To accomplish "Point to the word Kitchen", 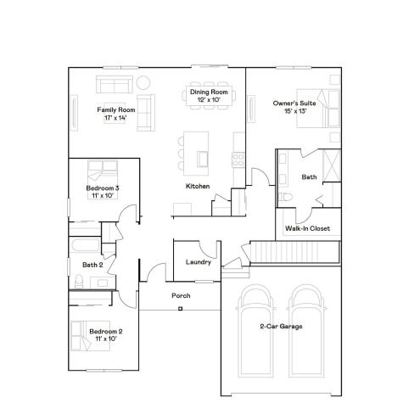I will [x=198, y=186].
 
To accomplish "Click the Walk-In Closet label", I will [x=308, y=228].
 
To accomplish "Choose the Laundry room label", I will [x=198, y=262].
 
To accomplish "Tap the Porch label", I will [x=181, y=295].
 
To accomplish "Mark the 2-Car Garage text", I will [x=282, y=326].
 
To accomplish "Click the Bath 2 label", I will [x=92, y=265].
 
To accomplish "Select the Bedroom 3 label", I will [x=102, y=191].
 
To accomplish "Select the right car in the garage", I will [x=307, y=331].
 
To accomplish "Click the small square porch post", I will [x=180, y=309].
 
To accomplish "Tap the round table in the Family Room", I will [x=143, y=83].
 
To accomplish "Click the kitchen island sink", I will [x=202, y=158].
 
